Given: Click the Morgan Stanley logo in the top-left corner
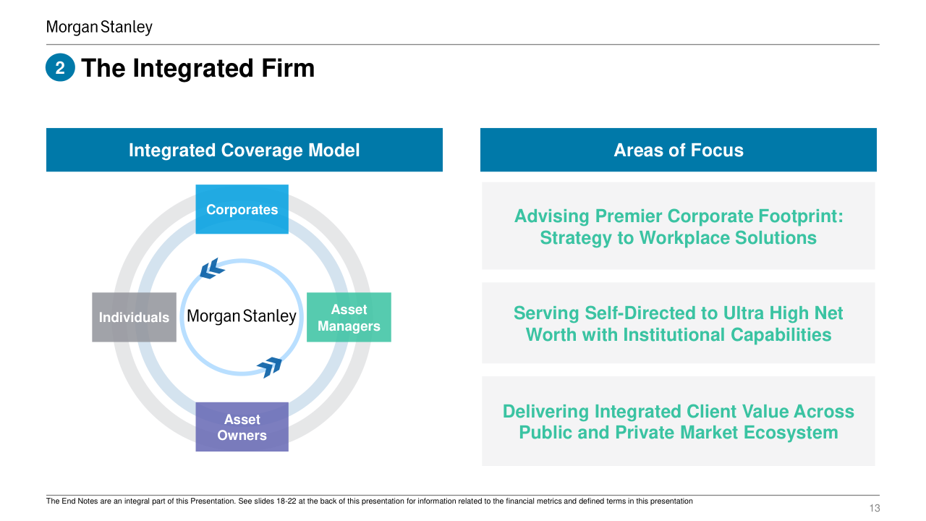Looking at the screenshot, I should pyautogui.click(x=99, y=27).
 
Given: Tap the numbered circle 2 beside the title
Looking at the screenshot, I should pyautogui.click(x=61, y=69).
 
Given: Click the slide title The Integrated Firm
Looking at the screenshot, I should pyautogui.click(x=197, y=68).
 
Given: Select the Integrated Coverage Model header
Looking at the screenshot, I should pyautogui.click(x=244, y=150).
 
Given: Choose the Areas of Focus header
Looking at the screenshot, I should pyautogui.click(x=678, y=150).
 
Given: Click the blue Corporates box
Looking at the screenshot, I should pyautogui.click(x=242, y=209).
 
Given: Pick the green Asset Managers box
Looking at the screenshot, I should pyautogui.click(x=349, y=318).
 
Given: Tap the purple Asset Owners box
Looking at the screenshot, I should pyautogui.click(x=242, y=427).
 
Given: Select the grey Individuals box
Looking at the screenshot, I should pyautogui.click(x=134, y=318).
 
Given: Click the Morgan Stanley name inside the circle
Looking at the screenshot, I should pyautogui.click(x=242, y=316).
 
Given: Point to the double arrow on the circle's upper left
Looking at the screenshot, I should pyautogui.click(x=212, y=268).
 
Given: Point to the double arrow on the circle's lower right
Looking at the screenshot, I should pyautogui.click(x=270, y=367).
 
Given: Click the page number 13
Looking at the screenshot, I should pyautogui.click(x=875, y=508).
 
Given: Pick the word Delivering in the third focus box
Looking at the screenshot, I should pyautogui.click(x=546, y=412).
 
